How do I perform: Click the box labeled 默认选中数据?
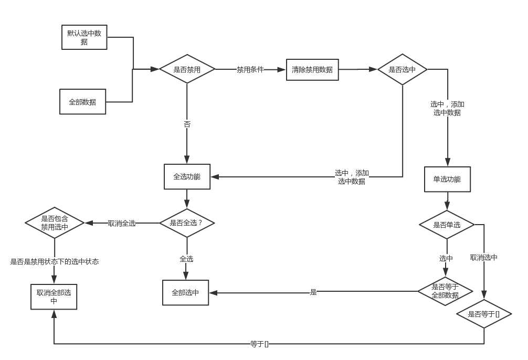click(x=84, y=37)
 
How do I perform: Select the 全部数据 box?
click(x=82, y=102)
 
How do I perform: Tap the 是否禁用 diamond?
click(x=187, y=69)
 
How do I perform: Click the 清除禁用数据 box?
click(x=312, y=69)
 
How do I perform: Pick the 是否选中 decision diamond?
click(x=402, y=69)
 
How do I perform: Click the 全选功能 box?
click(x=187, y=177)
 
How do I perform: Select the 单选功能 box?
click(x=447, y=179)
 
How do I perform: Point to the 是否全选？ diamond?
click(x=187, y=223)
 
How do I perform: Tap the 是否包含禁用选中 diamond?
click(x=55, y=223)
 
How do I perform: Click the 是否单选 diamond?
click(x=447, y=225)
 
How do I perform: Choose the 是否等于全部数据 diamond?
click(x=445, y=291)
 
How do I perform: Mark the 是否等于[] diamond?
click(x=483, y=314)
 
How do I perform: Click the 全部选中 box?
click(x=185, y=292)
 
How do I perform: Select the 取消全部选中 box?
click(x=54, y=297)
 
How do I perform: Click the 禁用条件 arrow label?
click(x=250, y=69)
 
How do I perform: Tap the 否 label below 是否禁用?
click(x=187, y=124)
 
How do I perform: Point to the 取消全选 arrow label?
click(x=122, y=223)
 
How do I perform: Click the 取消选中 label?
click(x=483, y=258)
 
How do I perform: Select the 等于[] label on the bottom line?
click(x=259, y=344)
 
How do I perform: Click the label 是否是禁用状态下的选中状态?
click(x=55, y=261)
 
